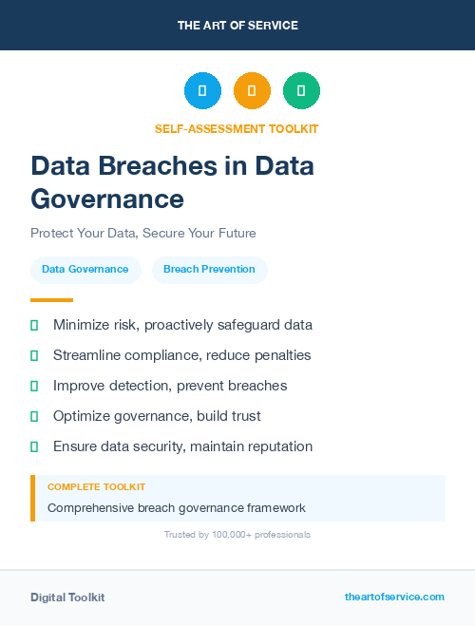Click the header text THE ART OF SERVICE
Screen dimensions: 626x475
coord(237,26)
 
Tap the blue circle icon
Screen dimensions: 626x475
coord(202,91)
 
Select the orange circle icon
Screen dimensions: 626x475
coord(252,91)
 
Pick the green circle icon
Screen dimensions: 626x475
coord(301,91)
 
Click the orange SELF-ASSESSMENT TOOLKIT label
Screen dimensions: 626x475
coord(237,128)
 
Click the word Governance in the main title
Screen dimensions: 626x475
coord(107,199)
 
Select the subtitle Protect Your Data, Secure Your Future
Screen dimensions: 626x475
coord(142,233)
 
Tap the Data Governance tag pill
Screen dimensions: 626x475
coord(85,270)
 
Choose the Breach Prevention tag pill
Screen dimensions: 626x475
coord(209,270)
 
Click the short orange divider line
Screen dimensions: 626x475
coord(51,300)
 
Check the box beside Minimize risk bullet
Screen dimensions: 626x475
coord(34,325)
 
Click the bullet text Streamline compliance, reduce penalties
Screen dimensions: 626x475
coord(181,355)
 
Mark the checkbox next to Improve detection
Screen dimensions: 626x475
coord(34,386)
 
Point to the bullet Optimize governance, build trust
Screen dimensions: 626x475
coord(157,416)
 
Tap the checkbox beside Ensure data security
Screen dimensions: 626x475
coord(34,446)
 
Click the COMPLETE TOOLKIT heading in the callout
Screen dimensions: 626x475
coord(96,486)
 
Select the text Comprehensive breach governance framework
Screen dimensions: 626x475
coord(176,508)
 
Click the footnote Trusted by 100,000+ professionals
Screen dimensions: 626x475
coord(237,535)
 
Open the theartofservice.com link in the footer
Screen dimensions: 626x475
coord(394,597)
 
